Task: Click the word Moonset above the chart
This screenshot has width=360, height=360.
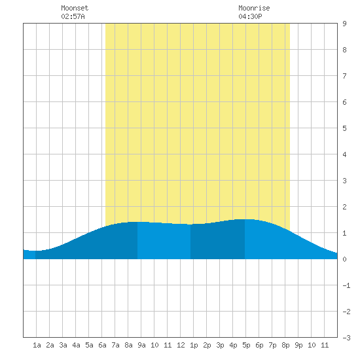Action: (x=75, y=8)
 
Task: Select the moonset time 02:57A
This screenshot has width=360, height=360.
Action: (x=73, y=16)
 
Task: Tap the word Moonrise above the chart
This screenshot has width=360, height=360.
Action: (x=254, y=8)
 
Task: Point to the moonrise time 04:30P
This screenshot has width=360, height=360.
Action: (x=250, y=16)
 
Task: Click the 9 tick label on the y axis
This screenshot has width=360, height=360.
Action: (x=344, y=24)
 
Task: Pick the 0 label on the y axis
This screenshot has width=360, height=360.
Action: (x=344, y=259)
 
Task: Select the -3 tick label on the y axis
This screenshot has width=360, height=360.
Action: (x=346, y=338)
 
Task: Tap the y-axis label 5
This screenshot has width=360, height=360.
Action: (x=344, y=128)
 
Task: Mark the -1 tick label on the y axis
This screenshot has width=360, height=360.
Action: (x=346, y=285)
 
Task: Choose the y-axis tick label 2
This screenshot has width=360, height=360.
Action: (x=344, y=207)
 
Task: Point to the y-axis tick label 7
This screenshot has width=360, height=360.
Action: (x=344, y=76)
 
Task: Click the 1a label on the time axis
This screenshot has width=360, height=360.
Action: (x=37, y=345)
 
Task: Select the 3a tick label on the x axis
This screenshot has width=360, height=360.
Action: (x=63, y=345)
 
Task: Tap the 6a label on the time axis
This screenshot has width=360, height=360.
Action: (x=102, y=345)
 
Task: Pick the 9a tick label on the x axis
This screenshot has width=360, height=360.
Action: (x=141, y=345)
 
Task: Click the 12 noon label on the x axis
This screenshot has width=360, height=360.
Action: (x=181, y=345)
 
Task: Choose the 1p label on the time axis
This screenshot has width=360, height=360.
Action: (x=194, y=345)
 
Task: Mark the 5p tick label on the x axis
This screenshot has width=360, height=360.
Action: (x=246, y=345)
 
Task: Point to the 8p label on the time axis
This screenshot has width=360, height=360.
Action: (x=285, y=345)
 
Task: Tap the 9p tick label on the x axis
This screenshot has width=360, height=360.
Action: (x=298, y=345)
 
